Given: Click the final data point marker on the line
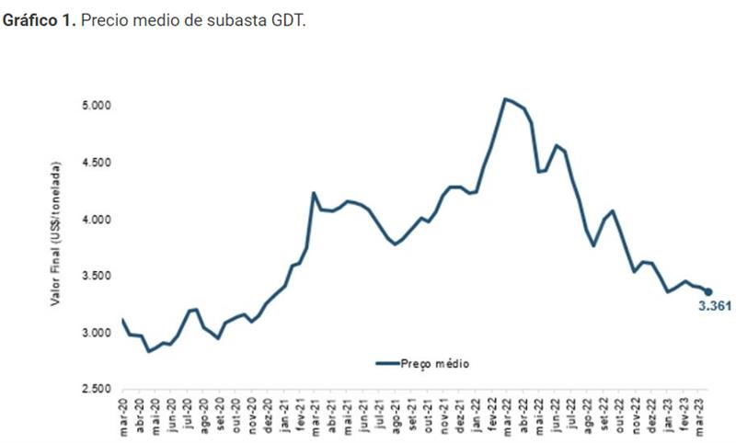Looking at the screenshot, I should pos(707,291).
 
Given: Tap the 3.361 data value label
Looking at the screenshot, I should pos(714,307).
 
